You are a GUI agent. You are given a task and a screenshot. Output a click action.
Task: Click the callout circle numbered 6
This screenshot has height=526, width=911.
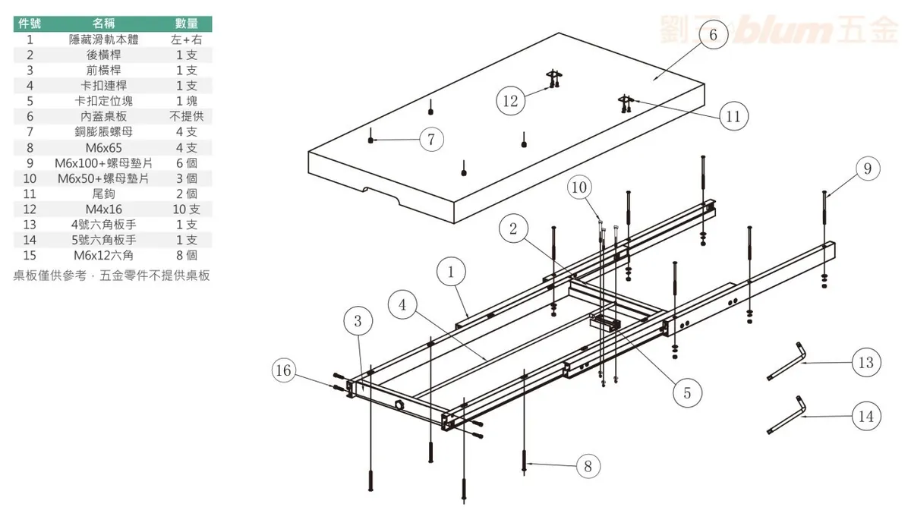point(712,35)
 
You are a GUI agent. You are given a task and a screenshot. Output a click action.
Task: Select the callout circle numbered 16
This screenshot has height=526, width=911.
point(284,370)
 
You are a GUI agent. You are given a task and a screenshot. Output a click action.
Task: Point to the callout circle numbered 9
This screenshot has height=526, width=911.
point(867,169)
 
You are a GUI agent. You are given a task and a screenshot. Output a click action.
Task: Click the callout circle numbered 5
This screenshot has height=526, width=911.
point(687,392)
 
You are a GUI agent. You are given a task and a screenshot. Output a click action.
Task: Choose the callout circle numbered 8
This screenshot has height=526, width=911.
point(588,466)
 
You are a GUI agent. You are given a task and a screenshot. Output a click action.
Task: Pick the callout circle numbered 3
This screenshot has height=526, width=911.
point(357,321)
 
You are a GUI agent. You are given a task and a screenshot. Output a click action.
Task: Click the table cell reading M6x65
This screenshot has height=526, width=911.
point(104,148)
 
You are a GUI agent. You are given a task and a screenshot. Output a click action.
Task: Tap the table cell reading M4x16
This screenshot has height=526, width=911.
point(104,209)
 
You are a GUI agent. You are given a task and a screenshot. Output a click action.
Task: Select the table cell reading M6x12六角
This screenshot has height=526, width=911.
point(104,255)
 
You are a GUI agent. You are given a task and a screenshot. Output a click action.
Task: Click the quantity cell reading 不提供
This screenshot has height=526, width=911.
point(187,117)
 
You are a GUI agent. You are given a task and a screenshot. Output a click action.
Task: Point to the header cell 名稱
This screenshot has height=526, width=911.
point(104,24)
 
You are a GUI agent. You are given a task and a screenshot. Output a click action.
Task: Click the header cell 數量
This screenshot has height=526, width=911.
point(187,24)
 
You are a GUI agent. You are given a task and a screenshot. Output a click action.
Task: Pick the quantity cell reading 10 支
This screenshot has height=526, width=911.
point(187,209)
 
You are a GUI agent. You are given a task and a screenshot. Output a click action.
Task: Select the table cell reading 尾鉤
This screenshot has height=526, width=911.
point(104,194)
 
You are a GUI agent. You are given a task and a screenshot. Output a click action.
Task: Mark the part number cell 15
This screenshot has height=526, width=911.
point(30,255)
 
